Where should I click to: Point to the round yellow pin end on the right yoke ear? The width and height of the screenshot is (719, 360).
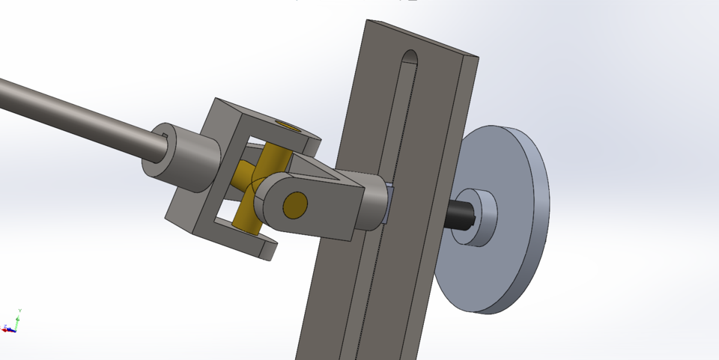295,203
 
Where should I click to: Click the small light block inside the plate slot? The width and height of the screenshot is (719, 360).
386,204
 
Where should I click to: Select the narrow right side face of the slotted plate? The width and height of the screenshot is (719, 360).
449,187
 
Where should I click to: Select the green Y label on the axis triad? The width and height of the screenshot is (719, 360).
19,310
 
